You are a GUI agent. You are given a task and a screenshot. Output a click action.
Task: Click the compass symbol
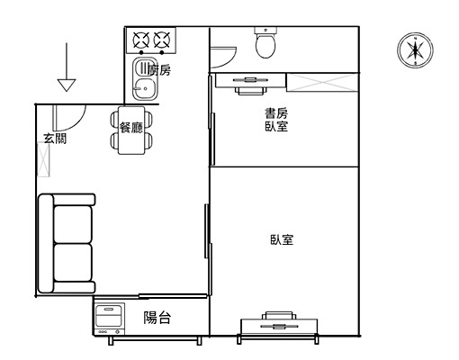[x=415, y=50]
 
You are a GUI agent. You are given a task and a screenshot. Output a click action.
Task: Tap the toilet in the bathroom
[x=265, y=42]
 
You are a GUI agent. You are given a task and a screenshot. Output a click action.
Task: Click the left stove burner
[x=141, y=40]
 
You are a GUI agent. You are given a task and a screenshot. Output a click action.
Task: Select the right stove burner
[x=162, y=40]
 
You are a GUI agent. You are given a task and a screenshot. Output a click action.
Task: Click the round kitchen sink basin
[x=145, y=88]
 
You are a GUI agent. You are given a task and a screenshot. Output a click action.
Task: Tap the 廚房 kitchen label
[x=159, y=71]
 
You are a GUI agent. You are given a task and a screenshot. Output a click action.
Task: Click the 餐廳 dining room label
[x=131, y=128]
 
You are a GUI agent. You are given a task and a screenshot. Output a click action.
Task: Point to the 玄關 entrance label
[x=55, y=139]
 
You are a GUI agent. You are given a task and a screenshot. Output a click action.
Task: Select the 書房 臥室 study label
[x=276, y=120]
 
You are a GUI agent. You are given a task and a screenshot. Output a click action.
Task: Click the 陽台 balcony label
[x=157, y=318]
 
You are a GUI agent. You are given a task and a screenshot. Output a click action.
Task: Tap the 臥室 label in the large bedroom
[x=282, y=239]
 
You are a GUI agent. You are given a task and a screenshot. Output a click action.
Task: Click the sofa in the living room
[x=67, y=243]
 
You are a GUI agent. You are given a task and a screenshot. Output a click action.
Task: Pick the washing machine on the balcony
[x=110, y=319]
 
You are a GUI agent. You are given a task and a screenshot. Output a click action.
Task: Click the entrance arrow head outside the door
[x=67, y=85]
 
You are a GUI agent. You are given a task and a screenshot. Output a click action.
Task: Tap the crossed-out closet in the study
[x=322, y=82]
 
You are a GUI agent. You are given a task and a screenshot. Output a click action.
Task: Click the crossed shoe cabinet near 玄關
[x=43, y=159]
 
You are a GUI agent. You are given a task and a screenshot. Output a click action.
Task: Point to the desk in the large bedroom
[x=279, y=327]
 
